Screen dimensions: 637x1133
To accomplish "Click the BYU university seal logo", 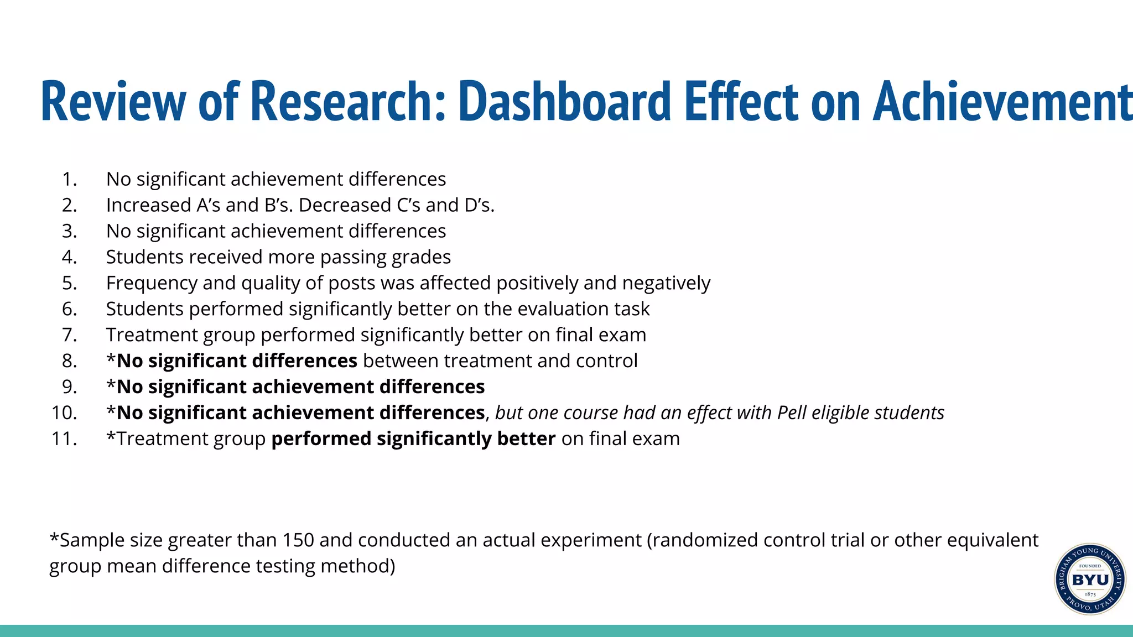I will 1089,579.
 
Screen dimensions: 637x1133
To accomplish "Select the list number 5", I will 69,283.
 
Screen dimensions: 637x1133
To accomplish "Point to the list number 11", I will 64,439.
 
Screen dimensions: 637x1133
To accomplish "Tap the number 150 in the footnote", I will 298,540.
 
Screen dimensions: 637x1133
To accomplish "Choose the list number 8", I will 69,361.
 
